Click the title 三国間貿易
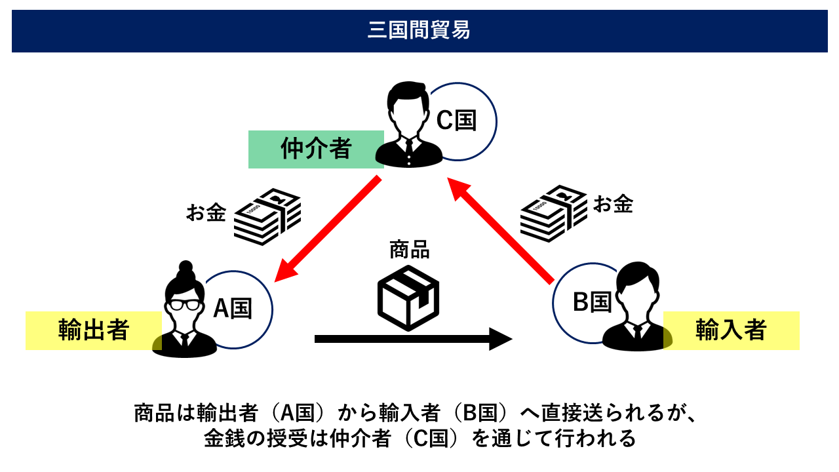(x=419, y=31)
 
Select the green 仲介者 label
(x=316, y=149)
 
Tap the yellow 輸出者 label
(x=93, y=330)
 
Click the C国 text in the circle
(x=456, y=121)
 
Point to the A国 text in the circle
(x=233, y=308)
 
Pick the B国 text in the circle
(x=592, y=302)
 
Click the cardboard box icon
(x=408, y=297)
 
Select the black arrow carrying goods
(x=413, y=339)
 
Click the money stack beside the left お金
(x=267, y=216)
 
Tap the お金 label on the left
(x=206, y=213)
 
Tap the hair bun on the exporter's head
(x=185, y=268)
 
